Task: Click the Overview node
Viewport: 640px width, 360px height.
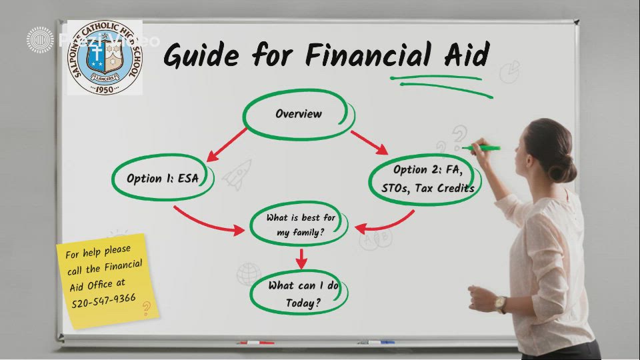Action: (x=298, y=115)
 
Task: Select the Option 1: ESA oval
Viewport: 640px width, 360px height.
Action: (x=162, y=179)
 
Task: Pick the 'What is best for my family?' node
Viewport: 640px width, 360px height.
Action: (x=299, y=225)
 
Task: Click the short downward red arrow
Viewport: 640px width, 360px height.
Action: (x=301, y=258)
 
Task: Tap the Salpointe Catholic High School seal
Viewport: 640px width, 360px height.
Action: (x=104, y=57)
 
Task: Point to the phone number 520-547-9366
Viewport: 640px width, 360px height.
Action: (x=103, y=299)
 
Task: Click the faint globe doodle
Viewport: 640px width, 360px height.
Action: (x=248, y=273)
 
